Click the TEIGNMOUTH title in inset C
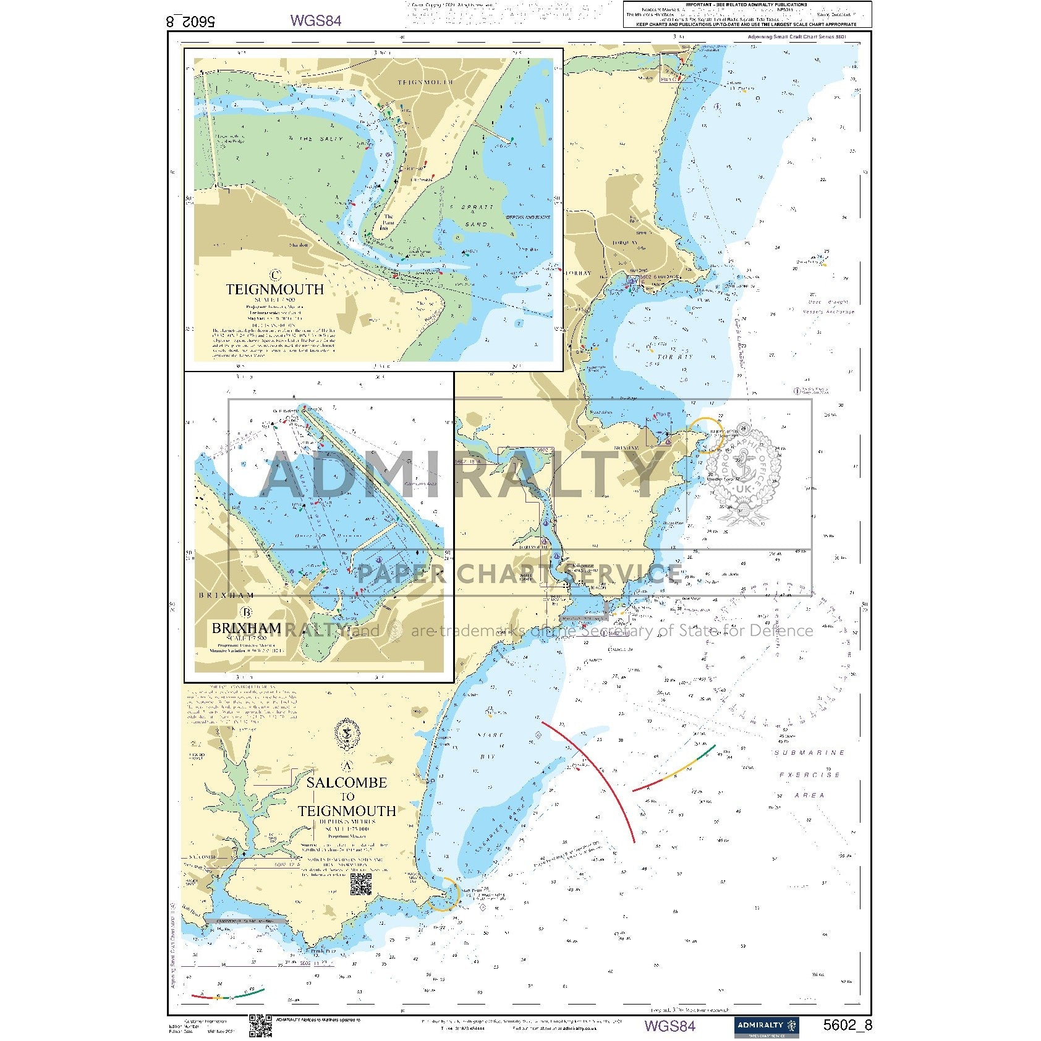coord(274,289)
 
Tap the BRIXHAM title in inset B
coord(246,628)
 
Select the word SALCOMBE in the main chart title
coord(346,783)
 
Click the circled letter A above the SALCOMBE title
coord(347,766)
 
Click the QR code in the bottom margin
coord(260,1026)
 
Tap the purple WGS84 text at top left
coord(315,20)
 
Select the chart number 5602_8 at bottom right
coord(847,1025)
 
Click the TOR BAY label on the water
coord(674,357)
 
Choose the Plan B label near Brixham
coord(663,415)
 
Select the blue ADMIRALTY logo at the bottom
coord(767,1026)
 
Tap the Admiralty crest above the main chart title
coord(347,733)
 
